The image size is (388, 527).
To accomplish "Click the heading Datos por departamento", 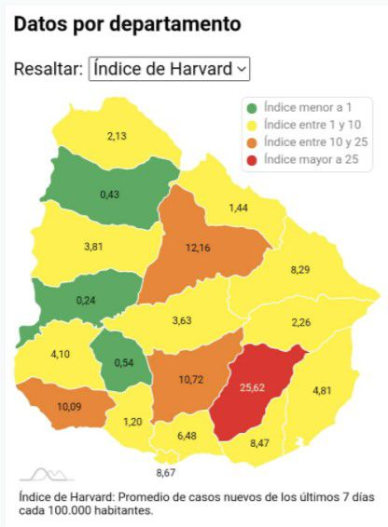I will coord(127,24).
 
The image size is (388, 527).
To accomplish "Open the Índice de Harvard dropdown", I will coord(169,69).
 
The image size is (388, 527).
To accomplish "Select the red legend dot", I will coord(253,159).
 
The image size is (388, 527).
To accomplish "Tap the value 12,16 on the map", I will coord(197,248).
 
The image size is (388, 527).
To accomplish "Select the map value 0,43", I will coord(110,194).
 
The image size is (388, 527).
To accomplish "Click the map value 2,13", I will coord(117,136).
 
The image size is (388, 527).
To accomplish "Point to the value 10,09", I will coord(69,406).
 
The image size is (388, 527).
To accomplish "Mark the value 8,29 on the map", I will coord(300,269).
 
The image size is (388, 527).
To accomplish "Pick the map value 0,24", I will coord(86,301).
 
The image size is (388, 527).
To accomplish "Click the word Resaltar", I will coord(47,69).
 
